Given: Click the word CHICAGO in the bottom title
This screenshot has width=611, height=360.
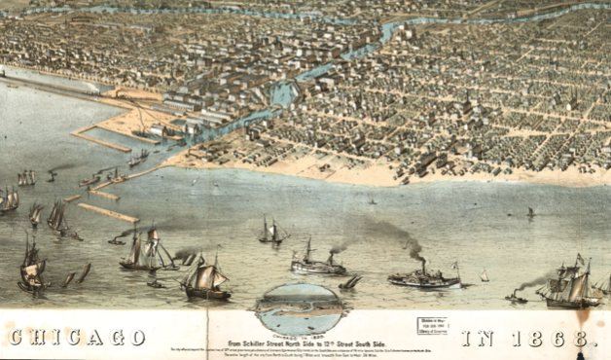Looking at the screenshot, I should click(x=75, y=338).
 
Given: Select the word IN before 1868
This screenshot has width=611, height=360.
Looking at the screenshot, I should click(x=476, y=338).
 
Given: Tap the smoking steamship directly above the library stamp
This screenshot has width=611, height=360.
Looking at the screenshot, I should click(x=424, y=277).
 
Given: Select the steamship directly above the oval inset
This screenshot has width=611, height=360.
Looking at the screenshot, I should click(x=317, y=263).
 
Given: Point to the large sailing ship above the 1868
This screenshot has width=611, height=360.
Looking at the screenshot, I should click(x=569, y=287).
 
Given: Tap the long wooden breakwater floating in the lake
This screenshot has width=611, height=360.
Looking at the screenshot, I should click(x=108, y=212).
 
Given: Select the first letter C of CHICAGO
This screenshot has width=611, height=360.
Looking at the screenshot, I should click(x=16, y=338).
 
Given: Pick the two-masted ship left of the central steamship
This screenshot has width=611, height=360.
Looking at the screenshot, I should click(x=271, y=233).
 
